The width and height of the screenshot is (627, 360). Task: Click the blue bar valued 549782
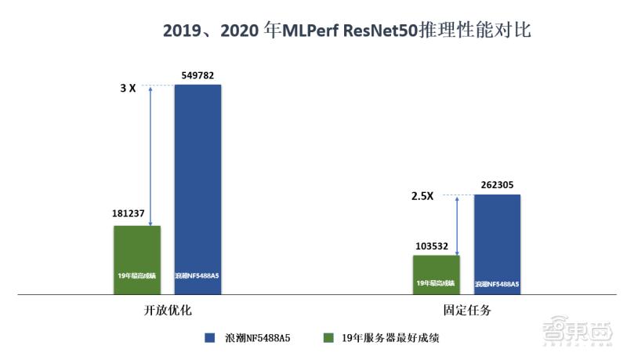(198, 188)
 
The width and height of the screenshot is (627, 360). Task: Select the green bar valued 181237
(137, 260)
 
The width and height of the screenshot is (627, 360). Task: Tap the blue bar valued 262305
(497, 244)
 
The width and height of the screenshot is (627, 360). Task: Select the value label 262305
(497, 186)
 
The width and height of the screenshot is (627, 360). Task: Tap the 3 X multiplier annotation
(128, 89)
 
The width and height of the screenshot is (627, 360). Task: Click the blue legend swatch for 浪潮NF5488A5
(209, 338)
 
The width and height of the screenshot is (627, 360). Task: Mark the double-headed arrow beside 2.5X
(456, 224)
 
